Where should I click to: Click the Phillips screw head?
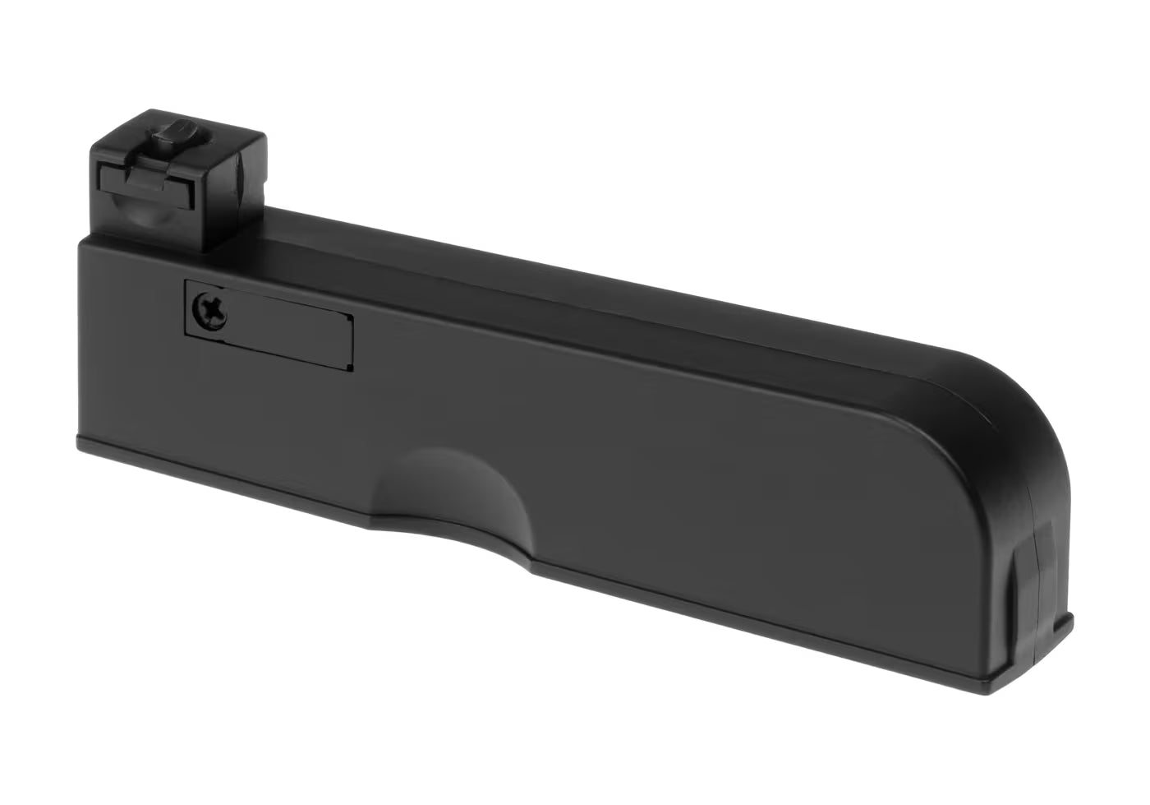[x=208, y=312]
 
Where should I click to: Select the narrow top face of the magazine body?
[x=575, y=280]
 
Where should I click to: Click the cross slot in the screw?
[x=208, y=312]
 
